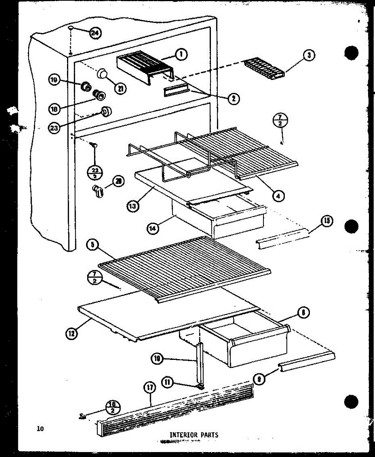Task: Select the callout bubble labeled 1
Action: pyautogui.click(x=181, y=55)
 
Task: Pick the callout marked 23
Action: pyautogui.click(x=54, y=128)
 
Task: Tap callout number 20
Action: pyautogui.click(x=119, y=182)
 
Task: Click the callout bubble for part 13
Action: pyautogui.click(x=132, y=206)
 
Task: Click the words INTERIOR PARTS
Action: pyautogui.click(x=194, y=435)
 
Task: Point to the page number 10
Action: pyautogui.click(x=40, y=429)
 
